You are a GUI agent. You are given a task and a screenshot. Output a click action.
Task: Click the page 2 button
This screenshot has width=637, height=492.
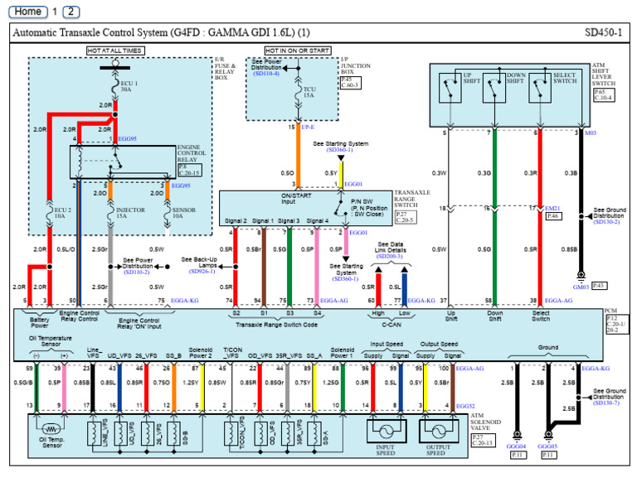tap(72, 12)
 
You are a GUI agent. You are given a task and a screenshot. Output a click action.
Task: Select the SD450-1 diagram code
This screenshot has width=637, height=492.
tap(603, 32)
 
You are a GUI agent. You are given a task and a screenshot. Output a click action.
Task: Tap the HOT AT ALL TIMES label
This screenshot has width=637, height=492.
tap(115, 51)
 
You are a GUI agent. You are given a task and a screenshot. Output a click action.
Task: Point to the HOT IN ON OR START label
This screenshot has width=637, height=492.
tap(297, 51)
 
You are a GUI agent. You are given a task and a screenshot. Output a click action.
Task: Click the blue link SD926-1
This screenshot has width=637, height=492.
tap(200, 271)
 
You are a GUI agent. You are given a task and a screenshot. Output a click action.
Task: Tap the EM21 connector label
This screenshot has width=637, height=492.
tap(554, 209)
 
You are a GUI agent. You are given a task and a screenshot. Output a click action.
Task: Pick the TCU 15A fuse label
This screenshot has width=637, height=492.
tap(309, 92)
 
